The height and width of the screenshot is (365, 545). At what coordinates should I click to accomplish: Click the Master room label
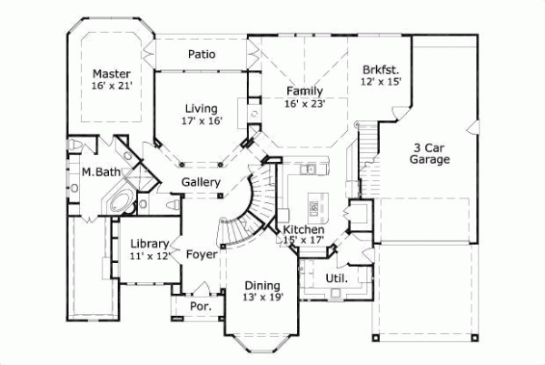click(x=112, y=74)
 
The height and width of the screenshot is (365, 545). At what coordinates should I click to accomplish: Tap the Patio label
click(x=202, y=55)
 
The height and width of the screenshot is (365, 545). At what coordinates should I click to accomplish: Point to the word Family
click(x=305, y=91)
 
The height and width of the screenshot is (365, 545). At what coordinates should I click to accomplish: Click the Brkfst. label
click(x=381, y=68)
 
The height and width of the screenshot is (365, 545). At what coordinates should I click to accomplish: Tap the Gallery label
click(x=201, y=183)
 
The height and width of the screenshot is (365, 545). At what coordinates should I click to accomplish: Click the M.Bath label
click(x=96, y=172)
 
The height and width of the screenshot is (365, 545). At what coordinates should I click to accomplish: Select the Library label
click(x=147, y=243)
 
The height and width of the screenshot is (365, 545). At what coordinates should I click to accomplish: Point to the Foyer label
click(x=202, y=254)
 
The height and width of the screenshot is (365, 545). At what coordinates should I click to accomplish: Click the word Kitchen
click(x=303, y=228)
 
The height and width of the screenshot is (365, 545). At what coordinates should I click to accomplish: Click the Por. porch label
click(x=201, y=307)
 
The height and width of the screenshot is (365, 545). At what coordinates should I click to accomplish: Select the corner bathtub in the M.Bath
click(x=119, y=202)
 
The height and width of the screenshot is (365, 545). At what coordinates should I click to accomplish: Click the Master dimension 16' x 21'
click(x=112, y=86)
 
